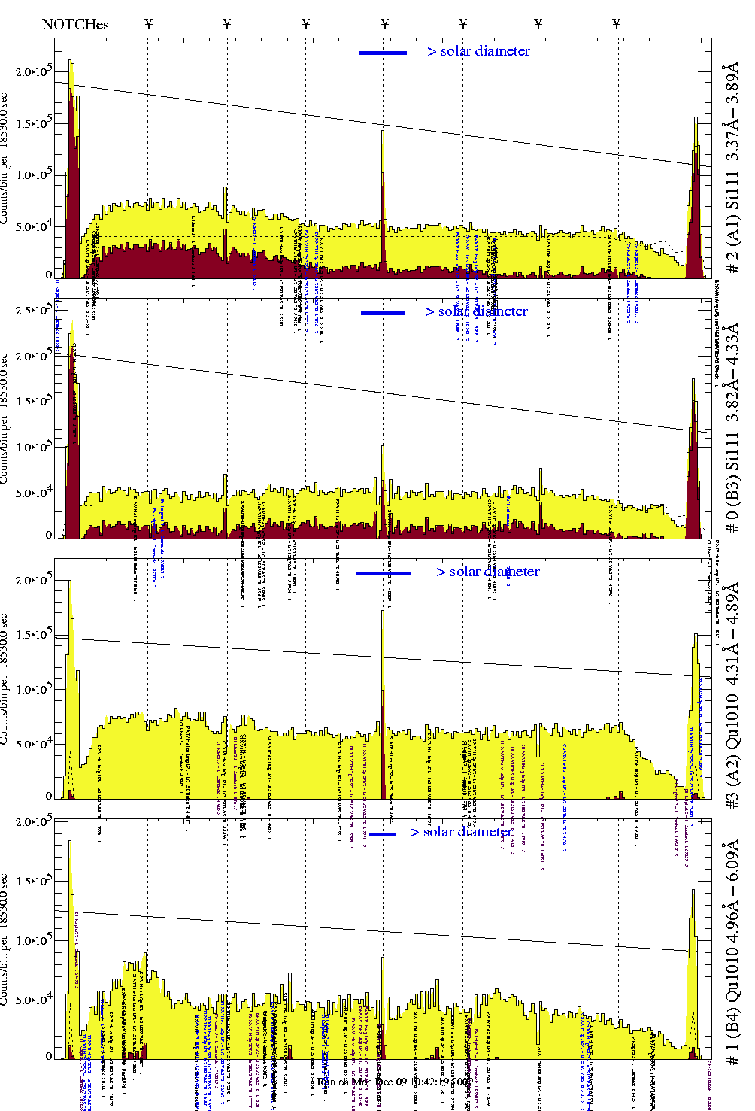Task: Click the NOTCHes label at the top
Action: coord(75,24)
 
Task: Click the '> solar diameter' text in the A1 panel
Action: coord(478,51)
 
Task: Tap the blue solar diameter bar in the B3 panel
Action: coord(383,313)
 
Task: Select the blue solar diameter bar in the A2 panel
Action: coord(383,573)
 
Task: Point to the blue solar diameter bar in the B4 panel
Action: coord(383,834)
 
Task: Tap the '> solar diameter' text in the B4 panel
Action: coord(461,832)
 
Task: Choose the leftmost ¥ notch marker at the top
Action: coord(148,24)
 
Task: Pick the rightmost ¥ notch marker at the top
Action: coord(617,24)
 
